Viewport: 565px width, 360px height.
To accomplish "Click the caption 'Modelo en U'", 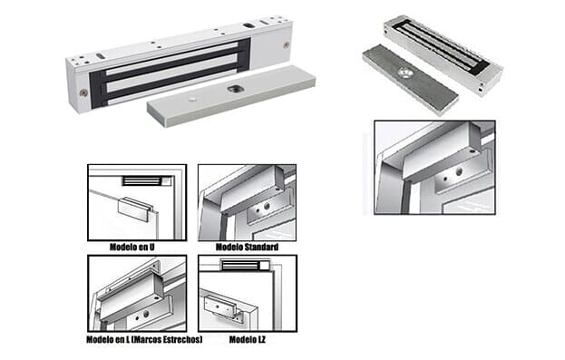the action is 132,247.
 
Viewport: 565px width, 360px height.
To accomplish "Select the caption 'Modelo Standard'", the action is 247,247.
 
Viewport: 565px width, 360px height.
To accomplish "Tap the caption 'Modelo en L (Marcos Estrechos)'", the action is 144,339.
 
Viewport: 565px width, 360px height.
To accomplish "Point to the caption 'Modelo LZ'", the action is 248,339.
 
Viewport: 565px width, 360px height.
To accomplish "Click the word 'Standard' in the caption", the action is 261,247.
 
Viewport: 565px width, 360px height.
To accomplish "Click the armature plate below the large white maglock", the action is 231,96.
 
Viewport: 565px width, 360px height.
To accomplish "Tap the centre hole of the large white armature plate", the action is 231,88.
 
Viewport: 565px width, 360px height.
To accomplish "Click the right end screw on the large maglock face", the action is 287,45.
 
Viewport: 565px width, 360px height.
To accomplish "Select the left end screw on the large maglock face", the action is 83,93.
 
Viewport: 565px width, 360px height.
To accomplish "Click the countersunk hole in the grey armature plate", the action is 406,73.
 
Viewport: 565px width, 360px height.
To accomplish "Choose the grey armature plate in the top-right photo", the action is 410,78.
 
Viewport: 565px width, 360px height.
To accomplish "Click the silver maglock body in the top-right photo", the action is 443,54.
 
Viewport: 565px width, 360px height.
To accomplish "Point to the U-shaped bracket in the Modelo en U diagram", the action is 137,209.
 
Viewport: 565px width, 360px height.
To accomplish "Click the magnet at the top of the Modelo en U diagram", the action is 141,180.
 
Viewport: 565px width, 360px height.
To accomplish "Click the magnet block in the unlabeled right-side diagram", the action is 441,151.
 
